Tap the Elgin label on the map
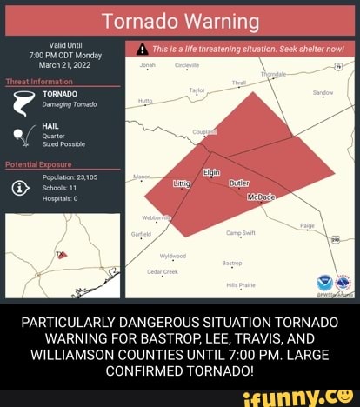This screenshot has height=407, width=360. point(211,173)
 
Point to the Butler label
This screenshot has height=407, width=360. point(239,184)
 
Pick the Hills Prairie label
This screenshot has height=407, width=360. point(241,284)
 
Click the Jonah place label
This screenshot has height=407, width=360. point(146,64)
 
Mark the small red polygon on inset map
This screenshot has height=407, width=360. point(62,255)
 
